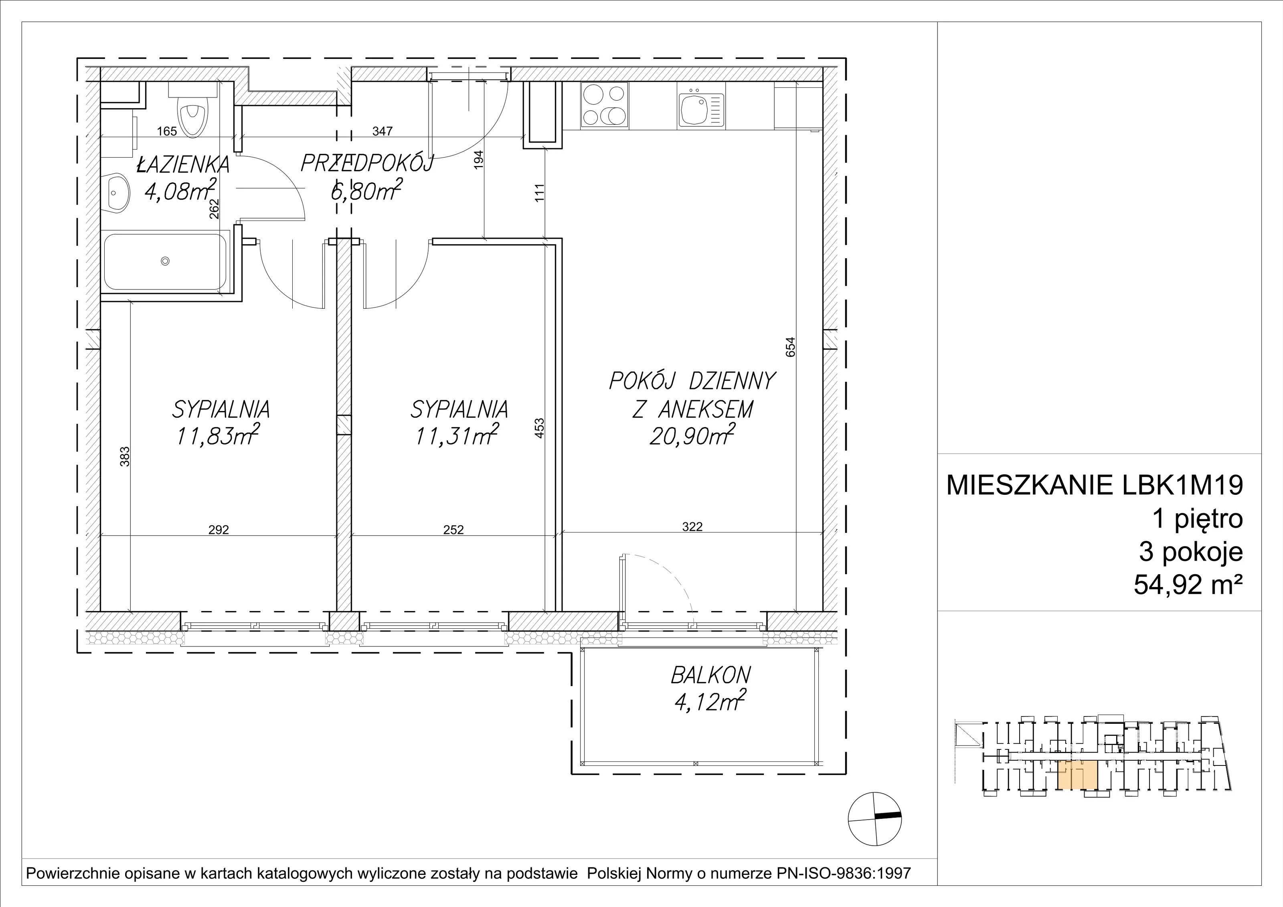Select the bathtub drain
click(x=165, y=261)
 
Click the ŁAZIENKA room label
click(x=183, y=164)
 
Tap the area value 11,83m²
click(x=218, y=435)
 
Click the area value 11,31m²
click(x=455, y=435)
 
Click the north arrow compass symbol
click(x=874, y=819)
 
